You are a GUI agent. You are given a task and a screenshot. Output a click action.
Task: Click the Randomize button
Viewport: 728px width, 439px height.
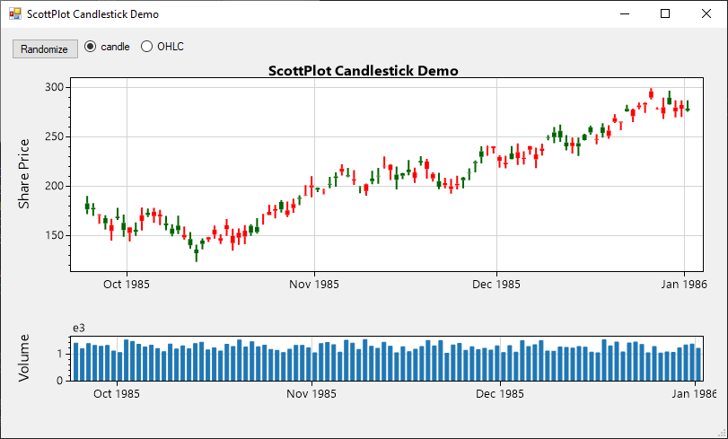(x=44, y=49)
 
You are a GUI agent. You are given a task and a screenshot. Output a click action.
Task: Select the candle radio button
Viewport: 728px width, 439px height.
(x=91, y=47)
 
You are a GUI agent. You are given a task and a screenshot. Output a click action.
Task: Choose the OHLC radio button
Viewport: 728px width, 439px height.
(x=147, y=47)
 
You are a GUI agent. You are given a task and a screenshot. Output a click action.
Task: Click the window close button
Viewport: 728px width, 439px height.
(x=706, y=13)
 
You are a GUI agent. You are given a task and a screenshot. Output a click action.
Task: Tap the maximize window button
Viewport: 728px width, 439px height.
(x=665, y=13)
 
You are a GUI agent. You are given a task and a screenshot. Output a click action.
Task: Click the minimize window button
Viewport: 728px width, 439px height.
(x=624, y=13)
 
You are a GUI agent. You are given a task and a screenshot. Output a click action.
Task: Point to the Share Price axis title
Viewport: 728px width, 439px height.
(x=24, y=173)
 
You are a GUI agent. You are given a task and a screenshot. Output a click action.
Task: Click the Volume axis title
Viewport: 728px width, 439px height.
(x=24, y=357)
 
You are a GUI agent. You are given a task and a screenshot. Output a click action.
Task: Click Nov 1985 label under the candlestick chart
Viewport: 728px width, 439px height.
(x=314, y=285)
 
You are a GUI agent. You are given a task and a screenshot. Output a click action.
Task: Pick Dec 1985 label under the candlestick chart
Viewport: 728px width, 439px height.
(x=496, y=285)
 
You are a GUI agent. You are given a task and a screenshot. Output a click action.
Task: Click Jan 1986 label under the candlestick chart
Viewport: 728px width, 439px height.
(x=684, y=285)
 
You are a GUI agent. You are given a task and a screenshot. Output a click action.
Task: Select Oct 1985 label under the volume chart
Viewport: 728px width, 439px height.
(x=116, y=393)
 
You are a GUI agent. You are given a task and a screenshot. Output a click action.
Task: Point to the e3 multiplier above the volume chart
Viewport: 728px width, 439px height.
(x=79, y=328)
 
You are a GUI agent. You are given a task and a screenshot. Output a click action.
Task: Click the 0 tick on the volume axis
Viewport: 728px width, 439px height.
(x=60, y=380)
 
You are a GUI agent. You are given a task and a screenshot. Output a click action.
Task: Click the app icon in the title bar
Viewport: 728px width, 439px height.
(x=14, y=14)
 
